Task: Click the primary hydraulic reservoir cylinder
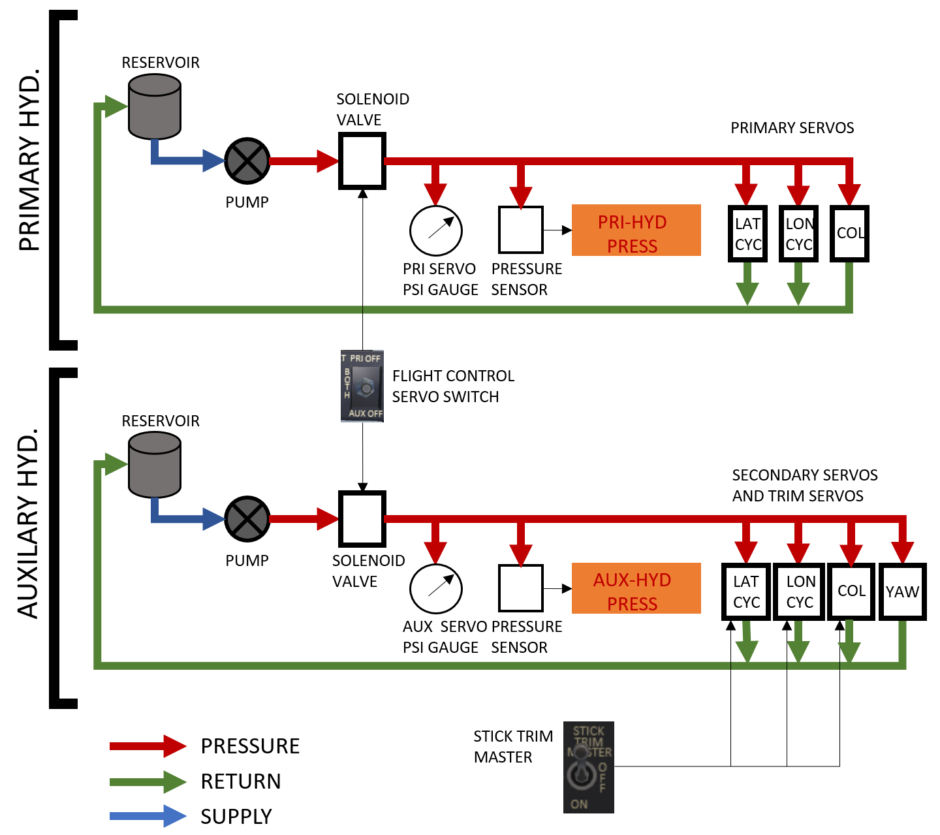tap(155, 106)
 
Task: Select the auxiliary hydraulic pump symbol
tap(247, 520)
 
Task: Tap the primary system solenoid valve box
tap(362, 161)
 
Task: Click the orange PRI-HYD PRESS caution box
tap(636, 230)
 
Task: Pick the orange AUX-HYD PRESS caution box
tap(636, 588)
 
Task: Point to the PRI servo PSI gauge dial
tap(436, 231)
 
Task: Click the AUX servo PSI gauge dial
tap(436, 589)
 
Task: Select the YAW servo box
tap(903, 591)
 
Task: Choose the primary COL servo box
tap(849, 234)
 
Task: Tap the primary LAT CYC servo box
tap(747, 234)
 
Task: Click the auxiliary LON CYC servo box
tap(800, 591)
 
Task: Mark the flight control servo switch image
tap(362, 386)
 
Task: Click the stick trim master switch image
tap(589, 767)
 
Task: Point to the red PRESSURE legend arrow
tap(148, 746)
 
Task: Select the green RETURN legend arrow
tap(148, 781)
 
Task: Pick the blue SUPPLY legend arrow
tap(148, 816)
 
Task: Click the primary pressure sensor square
tap(521, 230)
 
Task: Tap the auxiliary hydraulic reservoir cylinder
tap(155, 465)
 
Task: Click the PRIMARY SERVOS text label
tap(792, 128)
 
